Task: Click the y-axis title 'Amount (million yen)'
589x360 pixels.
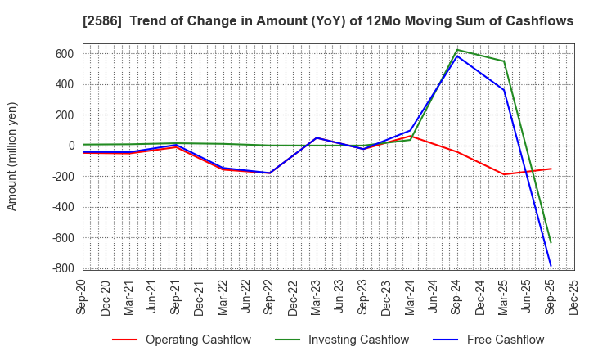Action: coord(12,156)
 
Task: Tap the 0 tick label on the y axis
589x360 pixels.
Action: coord(71,146)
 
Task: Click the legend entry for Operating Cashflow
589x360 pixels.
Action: coord(181,340)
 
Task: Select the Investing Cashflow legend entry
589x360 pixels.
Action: coord(339,340)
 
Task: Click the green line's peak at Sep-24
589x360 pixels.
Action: coord(456,50)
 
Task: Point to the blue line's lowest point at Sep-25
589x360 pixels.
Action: coord(551,266)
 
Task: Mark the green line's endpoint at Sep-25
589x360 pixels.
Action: coord(551,242)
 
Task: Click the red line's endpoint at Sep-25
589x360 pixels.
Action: coord(551,169)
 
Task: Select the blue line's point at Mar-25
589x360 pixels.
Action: coord(504,90)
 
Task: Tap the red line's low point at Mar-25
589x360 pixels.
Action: coord(504,174)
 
